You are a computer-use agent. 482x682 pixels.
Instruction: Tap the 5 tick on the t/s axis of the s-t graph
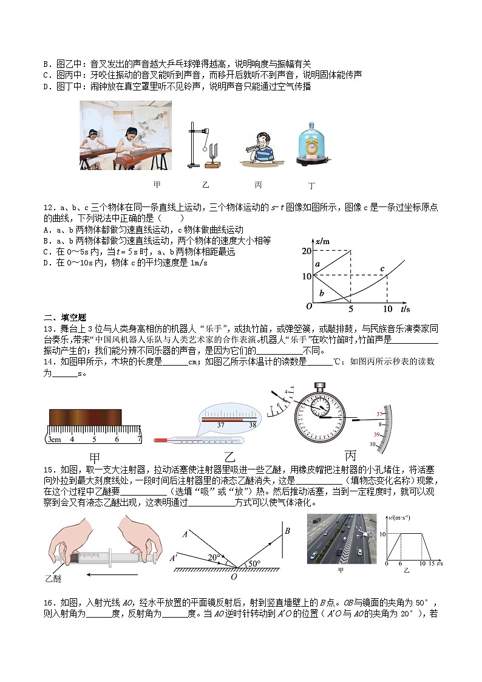(351, 309)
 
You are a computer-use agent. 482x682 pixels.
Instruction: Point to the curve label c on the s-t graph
(382, 268)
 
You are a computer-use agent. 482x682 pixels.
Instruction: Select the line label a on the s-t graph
(316, 264)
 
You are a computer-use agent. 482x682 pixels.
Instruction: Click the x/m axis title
(322, 241)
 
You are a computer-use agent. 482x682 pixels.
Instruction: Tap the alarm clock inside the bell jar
(311, 146)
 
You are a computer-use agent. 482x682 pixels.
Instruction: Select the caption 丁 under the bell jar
(312, 186)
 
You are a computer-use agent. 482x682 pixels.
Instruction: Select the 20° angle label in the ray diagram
(212, 556)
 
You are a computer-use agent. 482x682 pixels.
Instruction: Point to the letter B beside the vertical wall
(288, 531)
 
